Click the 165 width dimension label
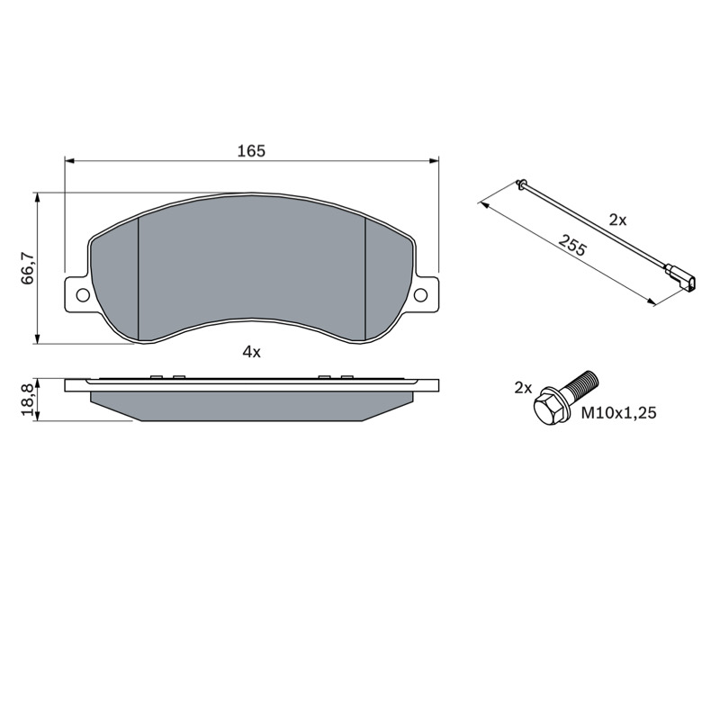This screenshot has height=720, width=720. (x=251, y=150)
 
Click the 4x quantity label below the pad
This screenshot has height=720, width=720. (x=251, y=352)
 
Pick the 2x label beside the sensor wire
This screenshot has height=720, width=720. (x=617, y=220)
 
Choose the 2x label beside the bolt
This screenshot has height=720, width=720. (x=523, y=389)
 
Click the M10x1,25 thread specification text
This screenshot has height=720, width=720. (x=619, y=413)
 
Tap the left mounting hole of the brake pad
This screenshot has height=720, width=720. (x=83, y=295)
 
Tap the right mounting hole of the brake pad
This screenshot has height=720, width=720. (x=421, y=295)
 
